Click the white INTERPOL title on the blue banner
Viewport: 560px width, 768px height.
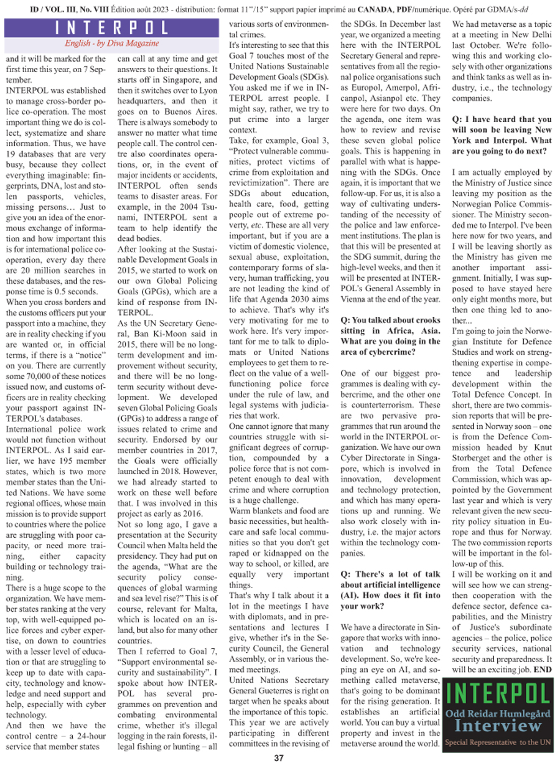[111, 29]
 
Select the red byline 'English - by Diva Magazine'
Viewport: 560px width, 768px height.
[111, 44]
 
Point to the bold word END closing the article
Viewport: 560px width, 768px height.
[542, 670]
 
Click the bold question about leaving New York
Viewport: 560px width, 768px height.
[502, 130]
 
